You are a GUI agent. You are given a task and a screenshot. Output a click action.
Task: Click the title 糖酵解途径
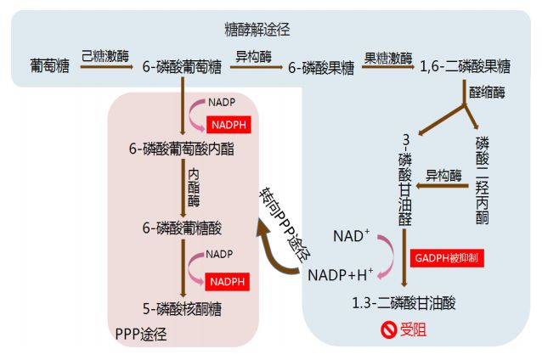[x=257, y=30]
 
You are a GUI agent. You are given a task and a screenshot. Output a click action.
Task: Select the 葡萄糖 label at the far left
[x=49, y=65]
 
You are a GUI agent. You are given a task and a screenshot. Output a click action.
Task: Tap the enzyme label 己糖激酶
[x=105, y=56]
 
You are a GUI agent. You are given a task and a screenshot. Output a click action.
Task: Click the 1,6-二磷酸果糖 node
[x=466, y=65]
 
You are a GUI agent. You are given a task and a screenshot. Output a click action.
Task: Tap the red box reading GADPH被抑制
[x=448, y=256]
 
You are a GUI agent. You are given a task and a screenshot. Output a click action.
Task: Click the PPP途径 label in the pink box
[x=140, y=334]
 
